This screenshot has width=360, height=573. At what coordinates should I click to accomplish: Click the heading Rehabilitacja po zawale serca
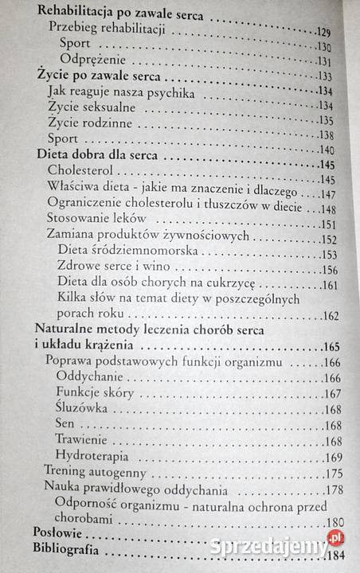point(119,15)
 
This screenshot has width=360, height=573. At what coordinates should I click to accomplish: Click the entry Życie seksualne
point(91,107)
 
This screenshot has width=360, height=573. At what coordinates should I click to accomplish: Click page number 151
point(329,226)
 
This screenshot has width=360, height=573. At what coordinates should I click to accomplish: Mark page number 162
point(330,316)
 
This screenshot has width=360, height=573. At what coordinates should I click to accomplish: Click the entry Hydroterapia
point(93,456)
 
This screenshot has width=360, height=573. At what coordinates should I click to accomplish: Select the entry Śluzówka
point(80,409)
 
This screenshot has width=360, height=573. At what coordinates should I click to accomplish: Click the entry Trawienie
point(82,441)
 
